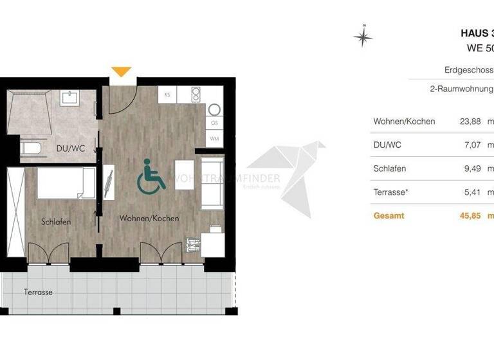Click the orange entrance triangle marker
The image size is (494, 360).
[121, 71]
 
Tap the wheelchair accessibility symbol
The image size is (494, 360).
[151, 176]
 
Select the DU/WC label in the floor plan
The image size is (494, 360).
[71, 148]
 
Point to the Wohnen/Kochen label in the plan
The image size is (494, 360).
[149, 219]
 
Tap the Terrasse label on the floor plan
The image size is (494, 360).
[39, 292]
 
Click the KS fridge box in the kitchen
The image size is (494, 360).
[167, 94]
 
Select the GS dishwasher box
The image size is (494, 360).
[214, 123]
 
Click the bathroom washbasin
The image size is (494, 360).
[70, 98]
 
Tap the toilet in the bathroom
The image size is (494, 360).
[32, 149]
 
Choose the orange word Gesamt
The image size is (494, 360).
[389, 215]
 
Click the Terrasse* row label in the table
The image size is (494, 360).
[392, 192]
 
